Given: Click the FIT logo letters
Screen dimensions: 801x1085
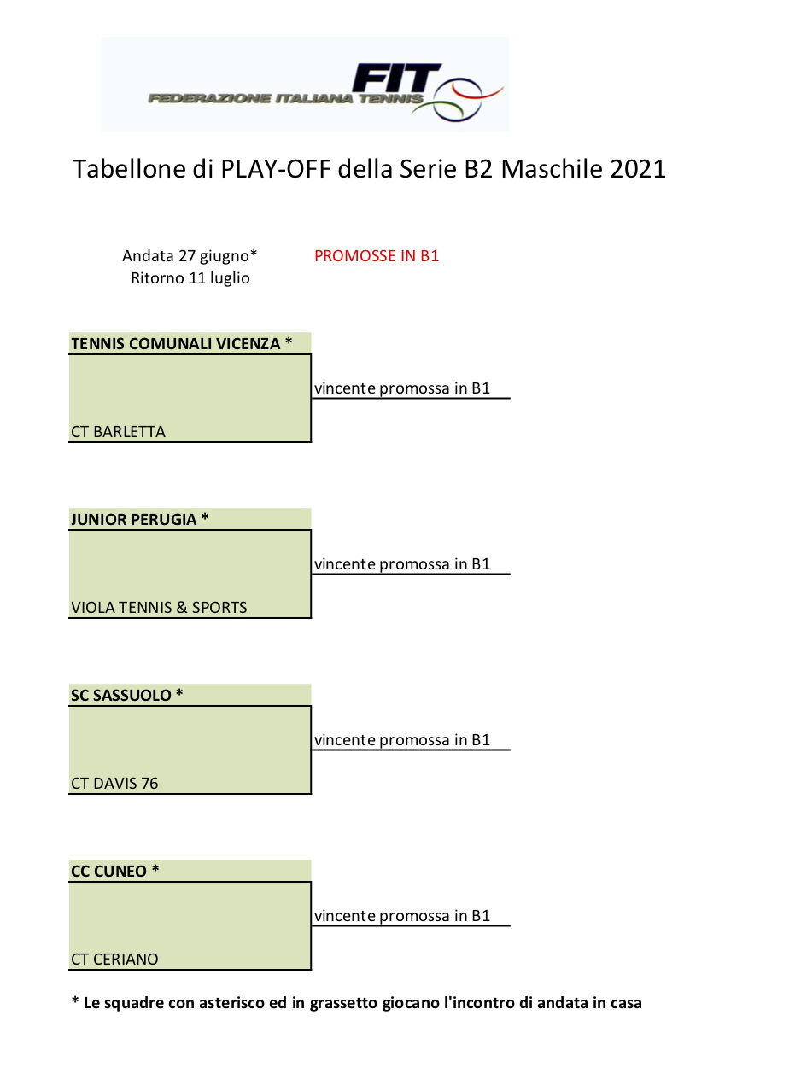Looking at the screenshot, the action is click(396, 78).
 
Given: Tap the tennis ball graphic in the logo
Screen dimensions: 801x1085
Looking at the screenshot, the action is click(458, 100).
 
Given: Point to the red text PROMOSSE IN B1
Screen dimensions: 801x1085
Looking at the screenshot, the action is click(377, 256).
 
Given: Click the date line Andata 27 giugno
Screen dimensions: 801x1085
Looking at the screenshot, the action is click(190, 256).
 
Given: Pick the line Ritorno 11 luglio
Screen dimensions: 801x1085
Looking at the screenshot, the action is click(190, 277).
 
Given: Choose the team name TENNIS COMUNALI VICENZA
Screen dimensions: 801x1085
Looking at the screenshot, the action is click(176, 343).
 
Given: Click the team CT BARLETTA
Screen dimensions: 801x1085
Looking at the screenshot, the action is click(118, 431).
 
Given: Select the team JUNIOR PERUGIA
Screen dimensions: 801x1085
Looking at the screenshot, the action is click(133, 519).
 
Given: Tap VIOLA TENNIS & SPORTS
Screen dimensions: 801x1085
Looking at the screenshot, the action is click(159, 607).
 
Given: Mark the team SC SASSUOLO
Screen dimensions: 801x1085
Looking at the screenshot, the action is click(121, 695).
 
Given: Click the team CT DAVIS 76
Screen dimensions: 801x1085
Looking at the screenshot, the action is click(114, 783).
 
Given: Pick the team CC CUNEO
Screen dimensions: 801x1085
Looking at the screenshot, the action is click(108, 872).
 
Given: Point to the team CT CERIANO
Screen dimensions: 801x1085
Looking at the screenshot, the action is click(114, 959).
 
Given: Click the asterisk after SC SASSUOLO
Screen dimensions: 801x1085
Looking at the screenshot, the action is click(179, 692).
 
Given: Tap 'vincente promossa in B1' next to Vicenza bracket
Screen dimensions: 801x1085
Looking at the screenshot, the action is click(401, 388).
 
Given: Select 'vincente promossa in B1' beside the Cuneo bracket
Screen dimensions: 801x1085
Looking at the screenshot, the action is click(401, 916).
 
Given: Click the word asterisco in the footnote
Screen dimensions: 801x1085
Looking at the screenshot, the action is click(217, 1003).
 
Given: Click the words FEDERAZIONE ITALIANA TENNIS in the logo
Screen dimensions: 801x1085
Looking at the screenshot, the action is click(286, 99).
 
